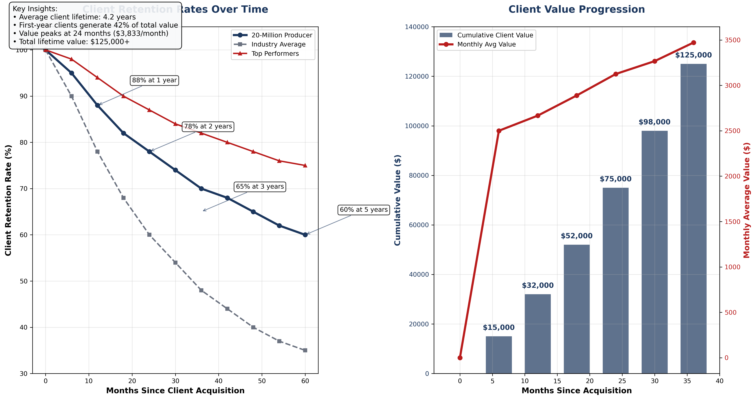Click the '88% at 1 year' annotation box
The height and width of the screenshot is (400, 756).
coord(154,80)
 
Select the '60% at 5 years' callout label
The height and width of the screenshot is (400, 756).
coord(364,210)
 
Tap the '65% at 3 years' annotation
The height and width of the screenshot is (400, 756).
coord(260,187)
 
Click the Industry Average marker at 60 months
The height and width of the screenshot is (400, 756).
coord(305,350)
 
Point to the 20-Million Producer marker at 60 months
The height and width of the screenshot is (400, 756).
coord(305,235)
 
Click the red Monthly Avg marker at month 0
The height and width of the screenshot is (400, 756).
coord(460,358)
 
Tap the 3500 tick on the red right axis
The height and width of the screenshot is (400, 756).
coord(732,40)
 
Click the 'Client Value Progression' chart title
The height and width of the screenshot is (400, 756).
coord(576,9)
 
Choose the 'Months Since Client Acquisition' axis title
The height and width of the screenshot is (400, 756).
coord(175,391)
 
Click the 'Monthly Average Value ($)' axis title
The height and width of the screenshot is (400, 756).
coord(747,200)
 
